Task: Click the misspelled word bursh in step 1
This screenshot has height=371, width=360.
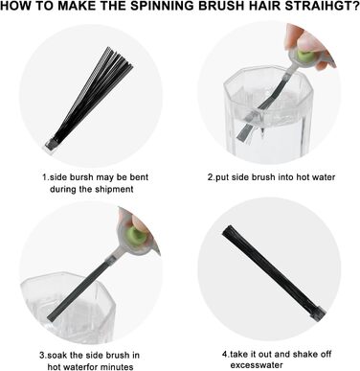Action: tap(81, 177)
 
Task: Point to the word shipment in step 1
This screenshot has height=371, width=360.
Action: tap(114, 189)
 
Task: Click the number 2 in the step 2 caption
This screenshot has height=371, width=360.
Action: tap(211, 177)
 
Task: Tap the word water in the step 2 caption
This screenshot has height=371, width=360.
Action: tap(324, 177)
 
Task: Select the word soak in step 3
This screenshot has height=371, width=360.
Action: tap(56, 355)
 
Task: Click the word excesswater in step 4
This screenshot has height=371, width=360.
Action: tap(257, 365)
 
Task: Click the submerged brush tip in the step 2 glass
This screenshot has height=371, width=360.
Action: tap(246, 132)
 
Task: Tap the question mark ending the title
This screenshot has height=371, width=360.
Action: tap(355, 6)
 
